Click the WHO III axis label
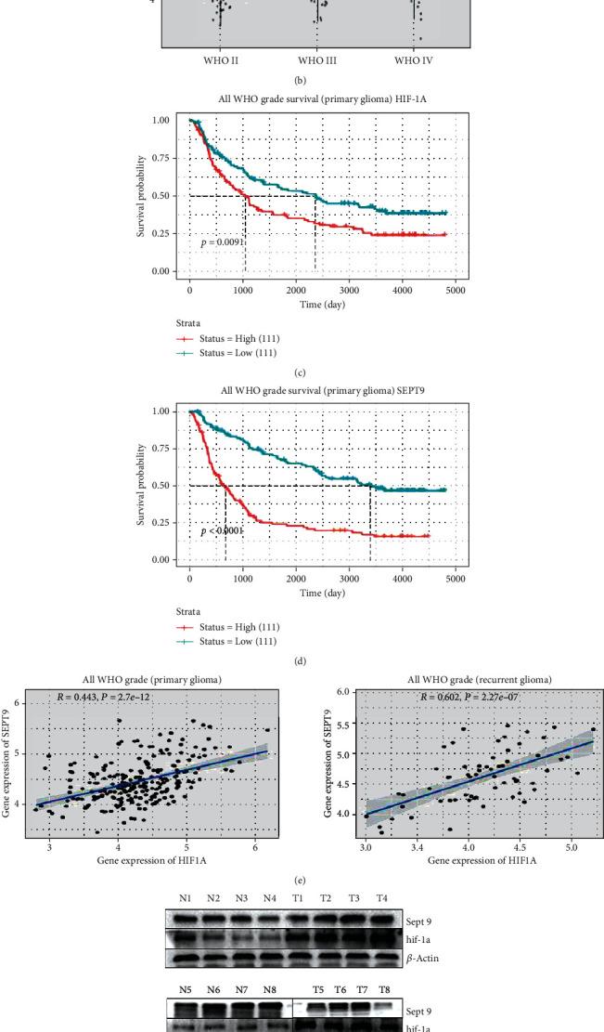[315, 60]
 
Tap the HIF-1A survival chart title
[315, 106]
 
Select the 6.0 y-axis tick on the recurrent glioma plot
[343, 693]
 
